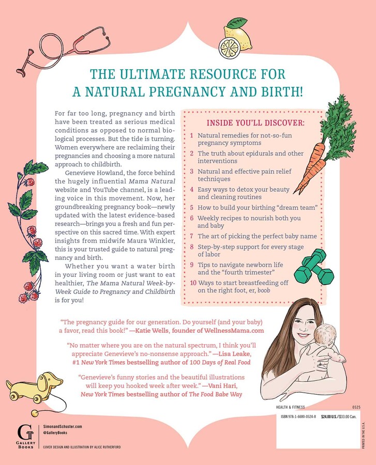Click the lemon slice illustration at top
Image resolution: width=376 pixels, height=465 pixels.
[x=237, y=36]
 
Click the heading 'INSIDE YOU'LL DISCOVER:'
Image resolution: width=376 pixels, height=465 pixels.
[x=255, y=123]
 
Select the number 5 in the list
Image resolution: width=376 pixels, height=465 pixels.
[x=192, y=207]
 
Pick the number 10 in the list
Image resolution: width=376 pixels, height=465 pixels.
[x=193, y=283]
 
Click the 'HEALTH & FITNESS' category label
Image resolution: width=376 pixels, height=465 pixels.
[x=294, y=407]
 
